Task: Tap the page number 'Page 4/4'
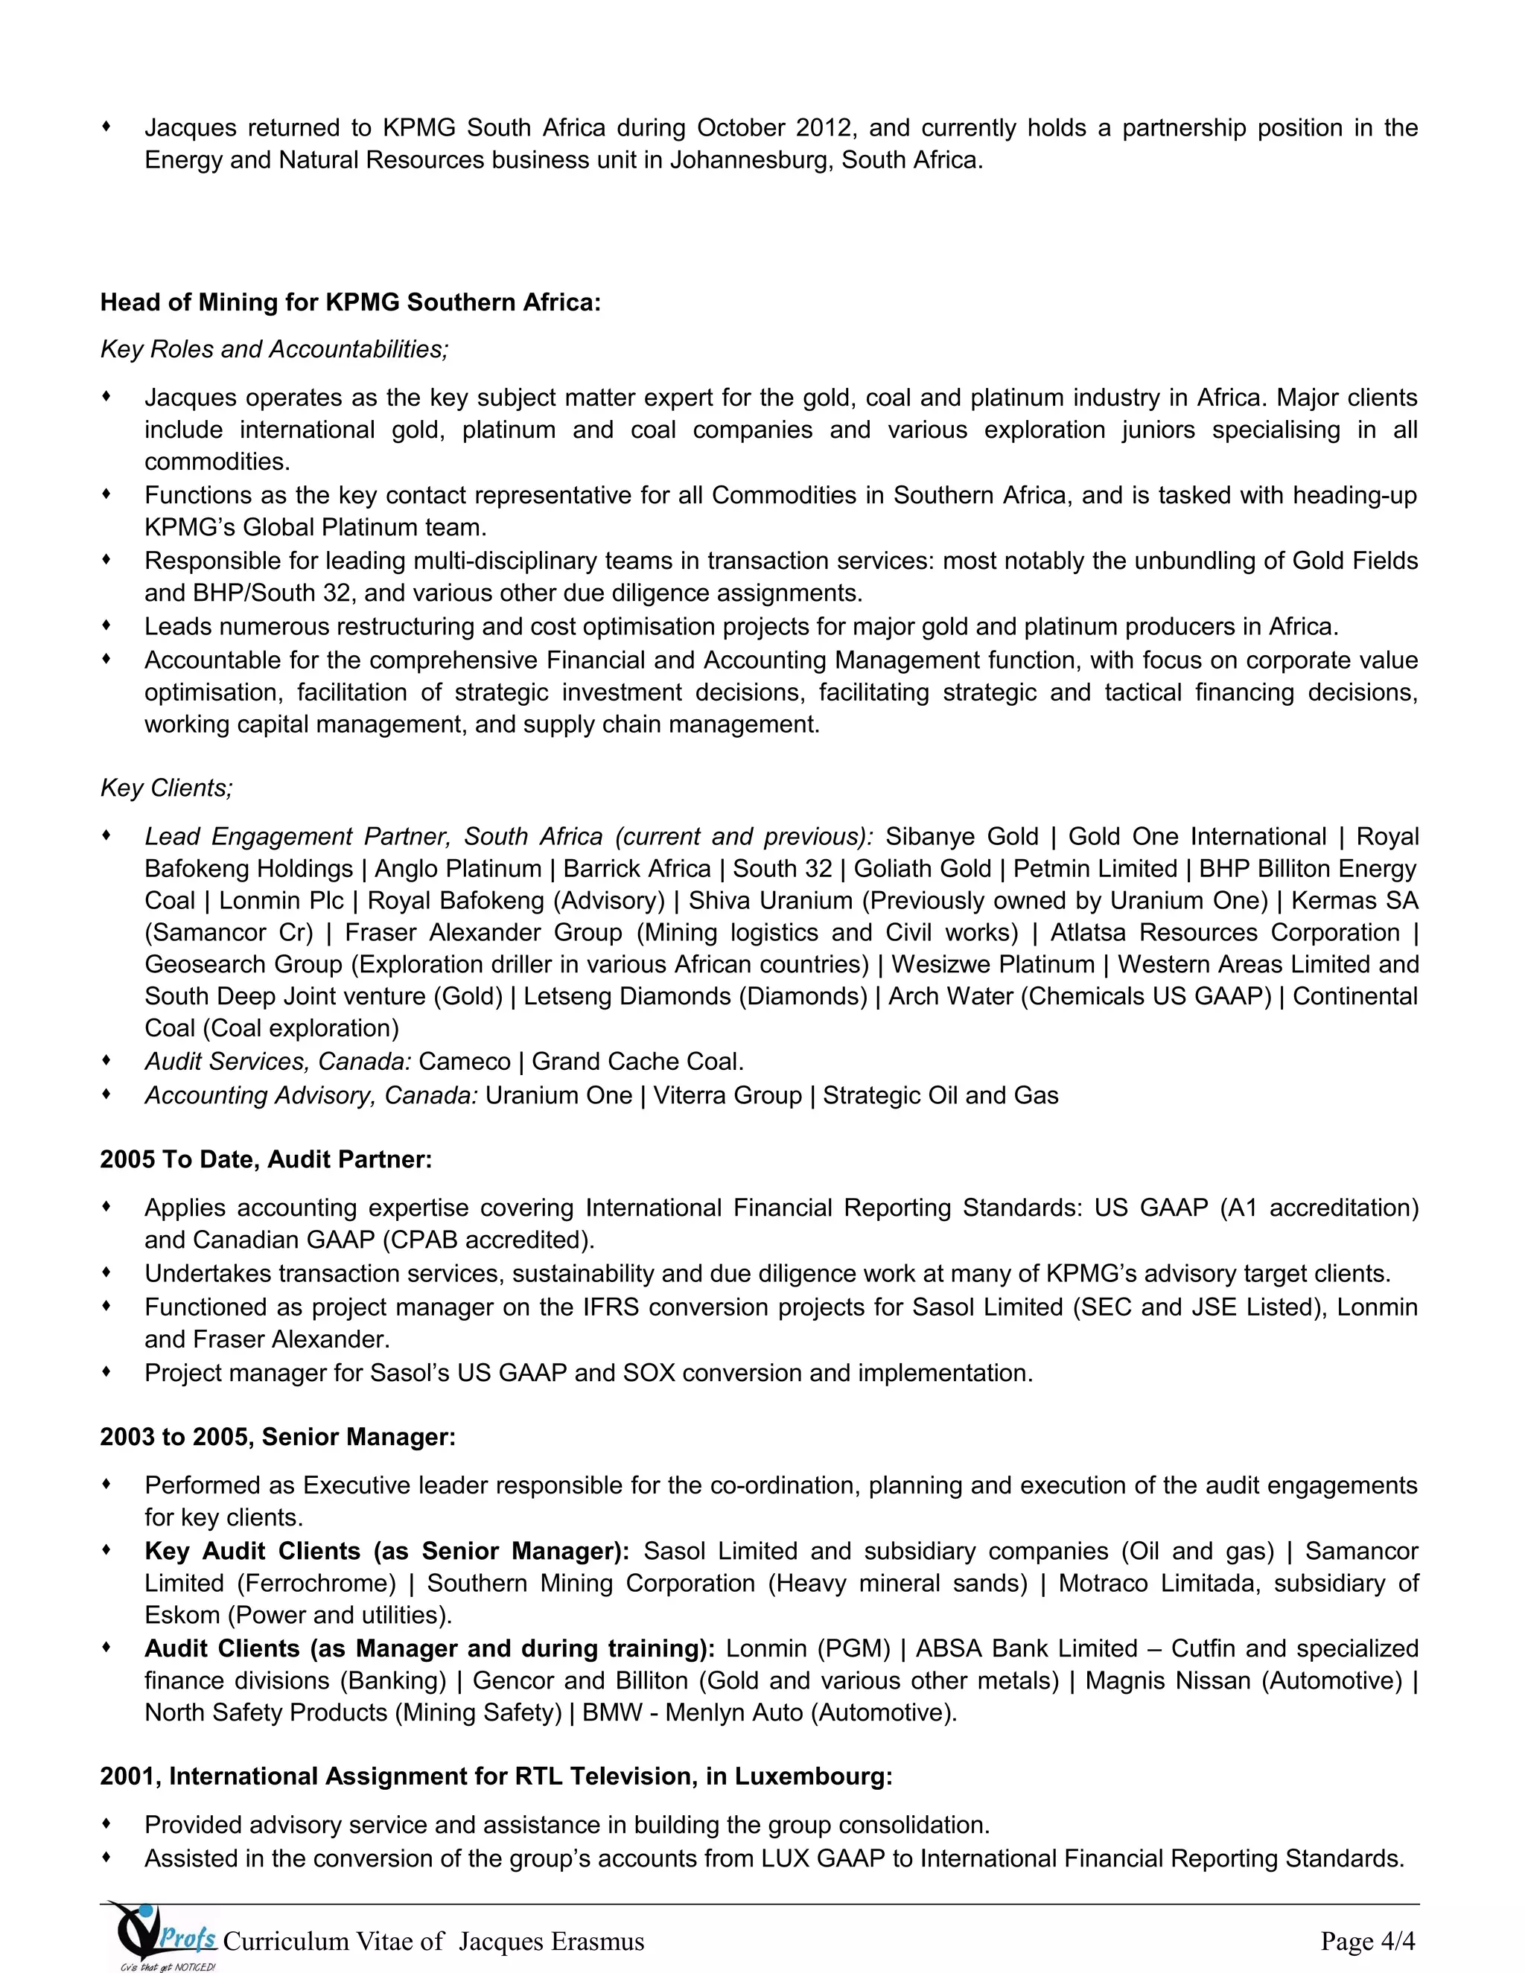tap(1368, 1940)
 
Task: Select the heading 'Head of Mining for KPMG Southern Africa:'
tap(350, 302)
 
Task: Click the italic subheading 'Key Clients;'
tap(166, 788)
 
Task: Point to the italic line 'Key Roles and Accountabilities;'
tap(274, 350)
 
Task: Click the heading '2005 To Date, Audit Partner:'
tap(266, 1159)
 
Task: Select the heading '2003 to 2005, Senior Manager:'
tap(277, 1436)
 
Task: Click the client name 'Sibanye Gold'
tap(961, 837)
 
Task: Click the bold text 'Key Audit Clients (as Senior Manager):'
tap(386, 1551)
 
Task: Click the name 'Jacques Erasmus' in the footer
tap(551, 1942)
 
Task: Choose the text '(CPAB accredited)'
tap(487, 1240)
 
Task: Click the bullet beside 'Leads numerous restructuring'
tap(106, 625)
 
